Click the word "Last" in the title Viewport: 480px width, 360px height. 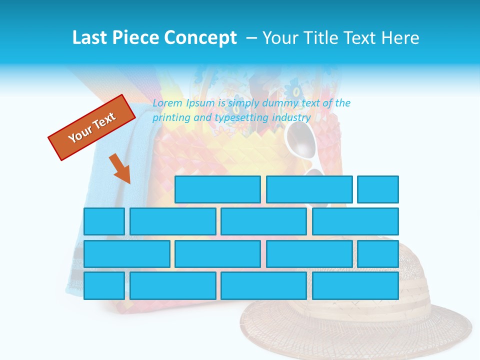pyautogui.click(x=90, y=38)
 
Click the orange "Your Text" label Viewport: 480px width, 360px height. pyautogui.click(x=92, y=127)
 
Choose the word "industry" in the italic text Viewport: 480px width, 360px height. pyautogui.click(x=291, y=118)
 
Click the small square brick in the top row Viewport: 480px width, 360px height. pyautogui.click(x=378, y=189)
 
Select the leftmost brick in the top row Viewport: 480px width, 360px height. pyautogui.click(x=217, y=189)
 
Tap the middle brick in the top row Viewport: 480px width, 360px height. pyautogui.click(x=309, y=189)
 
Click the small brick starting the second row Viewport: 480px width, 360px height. pyautogui.click(x=104, y=221)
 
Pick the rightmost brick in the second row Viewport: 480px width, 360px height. pyautogui.click(x=355, y=221)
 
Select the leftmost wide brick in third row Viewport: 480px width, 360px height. pyautogui.click(x=126, y=254)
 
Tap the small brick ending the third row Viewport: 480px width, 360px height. pyautogui.click(x=378, y=254)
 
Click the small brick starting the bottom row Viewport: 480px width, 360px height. pyautogui.click(x=104, y=286)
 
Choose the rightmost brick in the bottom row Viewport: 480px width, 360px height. pyautogui.click(x=355, y=286)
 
